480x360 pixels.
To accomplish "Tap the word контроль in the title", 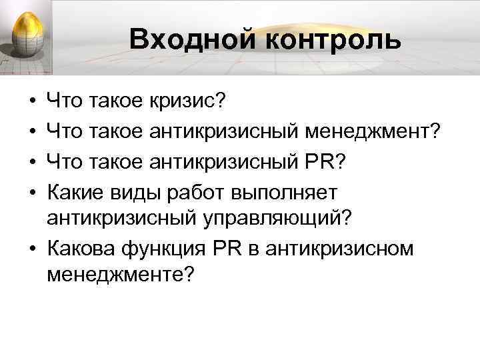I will tap(325, 39).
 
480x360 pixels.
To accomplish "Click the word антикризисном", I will tap(339, 248).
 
